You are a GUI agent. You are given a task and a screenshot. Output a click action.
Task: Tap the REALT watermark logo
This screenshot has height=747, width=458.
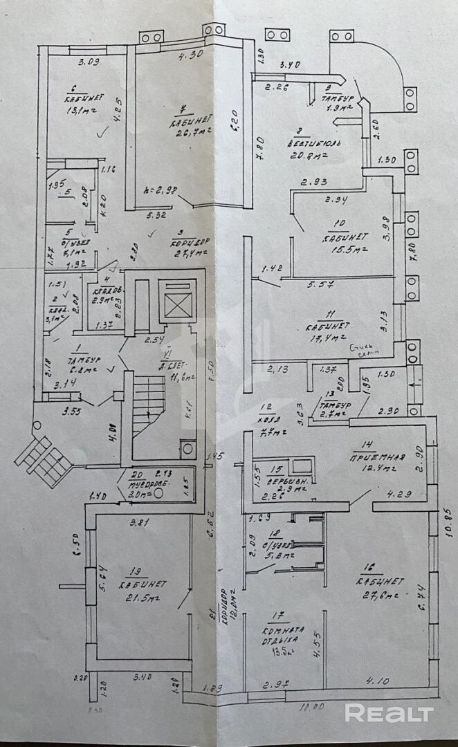[x=392, y=713]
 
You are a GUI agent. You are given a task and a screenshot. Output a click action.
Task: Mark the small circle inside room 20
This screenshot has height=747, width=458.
[x=158, y=494]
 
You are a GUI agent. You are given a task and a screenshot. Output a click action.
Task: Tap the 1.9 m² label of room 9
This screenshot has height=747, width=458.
[x=338, y=108]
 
